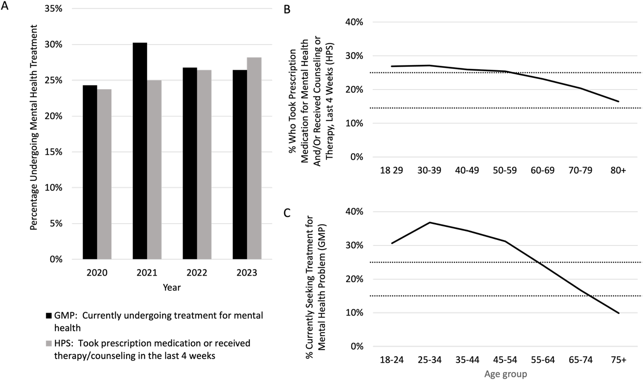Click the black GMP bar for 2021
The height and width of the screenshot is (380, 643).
pyautogui.click(x=140, y=151)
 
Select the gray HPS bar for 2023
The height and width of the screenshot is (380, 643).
pyautogui.click(x=254, y=158)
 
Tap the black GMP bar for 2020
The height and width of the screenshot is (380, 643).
pyautogui.click(x=90, y=172)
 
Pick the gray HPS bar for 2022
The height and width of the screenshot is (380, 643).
pyautogui.click(x=204, y=165)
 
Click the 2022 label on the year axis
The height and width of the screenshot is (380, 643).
pyautogui.click(x=197, y=273)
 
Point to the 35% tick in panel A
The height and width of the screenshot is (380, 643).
pyautogui.click(x=54, y=9)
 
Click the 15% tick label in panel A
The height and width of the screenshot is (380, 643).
pyautogui.click(x=54, y=152)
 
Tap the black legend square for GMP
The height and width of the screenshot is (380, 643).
pyautogui.click(x=49, y=315)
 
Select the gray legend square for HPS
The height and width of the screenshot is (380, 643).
pyautogui.click(x=49, y=343)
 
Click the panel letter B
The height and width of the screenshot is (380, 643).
pyautogui.click(x=287, y=9)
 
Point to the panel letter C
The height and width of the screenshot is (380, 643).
pyautogui.click(x=287, y=213)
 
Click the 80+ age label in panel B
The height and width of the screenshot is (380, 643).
pyautogui.click(x=618, y=170)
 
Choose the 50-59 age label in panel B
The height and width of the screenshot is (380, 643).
pyautogui.click(x=505, y=170)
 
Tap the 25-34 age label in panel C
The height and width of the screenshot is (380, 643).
pyautogui.click(x=430, y=360)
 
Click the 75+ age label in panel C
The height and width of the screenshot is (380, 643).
pyautogui.click(x=618, y=360)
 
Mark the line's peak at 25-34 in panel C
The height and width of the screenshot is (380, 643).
pyautogui.click(x=430, y=222)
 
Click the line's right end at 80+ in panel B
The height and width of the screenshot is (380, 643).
pyautogui.click(x=619, y=102)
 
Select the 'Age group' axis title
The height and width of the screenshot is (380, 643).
pyautogui.click(x=506, y=374)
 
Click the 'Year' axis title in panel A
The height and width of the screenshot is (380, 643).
pyautogui.click(x=172, y=287)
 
